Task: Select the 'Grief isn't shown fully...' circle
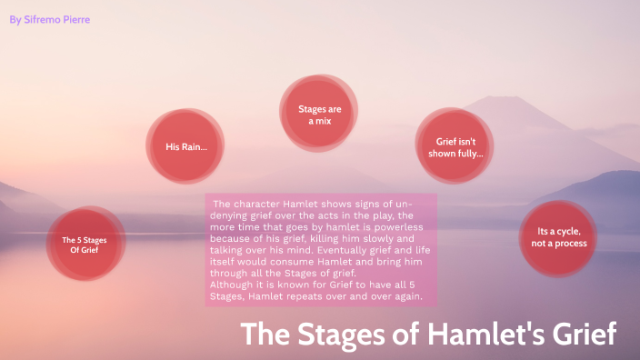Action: pyautogui.click(x=455, y=147)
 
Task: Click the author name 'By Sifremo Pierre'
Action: pyautogui.click(x=49, y=19)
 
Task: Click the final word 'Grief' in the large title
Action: pyautogui.click(x=583, y=335)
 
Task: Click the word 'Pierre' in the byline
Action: pyautogui.click(x=73, y=19)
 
